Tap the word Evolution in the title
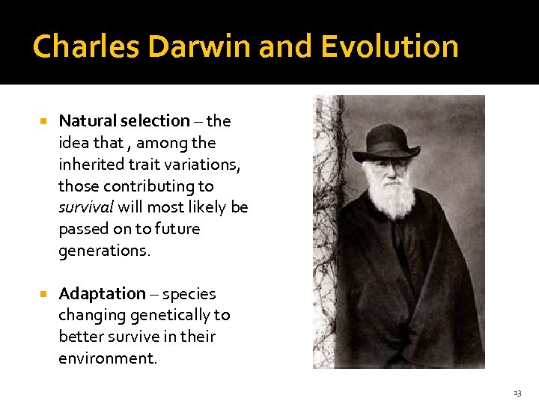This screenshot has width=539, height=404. point(389,46)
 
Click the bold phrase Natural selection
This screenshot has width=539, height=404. point(124,120)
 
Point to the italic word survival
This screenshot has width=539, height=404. point(86,207)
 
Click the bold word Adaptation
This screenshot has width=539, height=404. point(102,293)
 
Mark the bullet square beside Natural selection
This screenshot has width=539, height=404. point(43,120)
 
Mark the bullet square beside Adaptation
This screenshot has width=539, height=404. point(43,293)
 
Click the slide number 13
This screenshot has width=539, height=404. point(517,393)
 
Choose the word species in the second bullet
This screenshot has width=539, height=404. point(189,293)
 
